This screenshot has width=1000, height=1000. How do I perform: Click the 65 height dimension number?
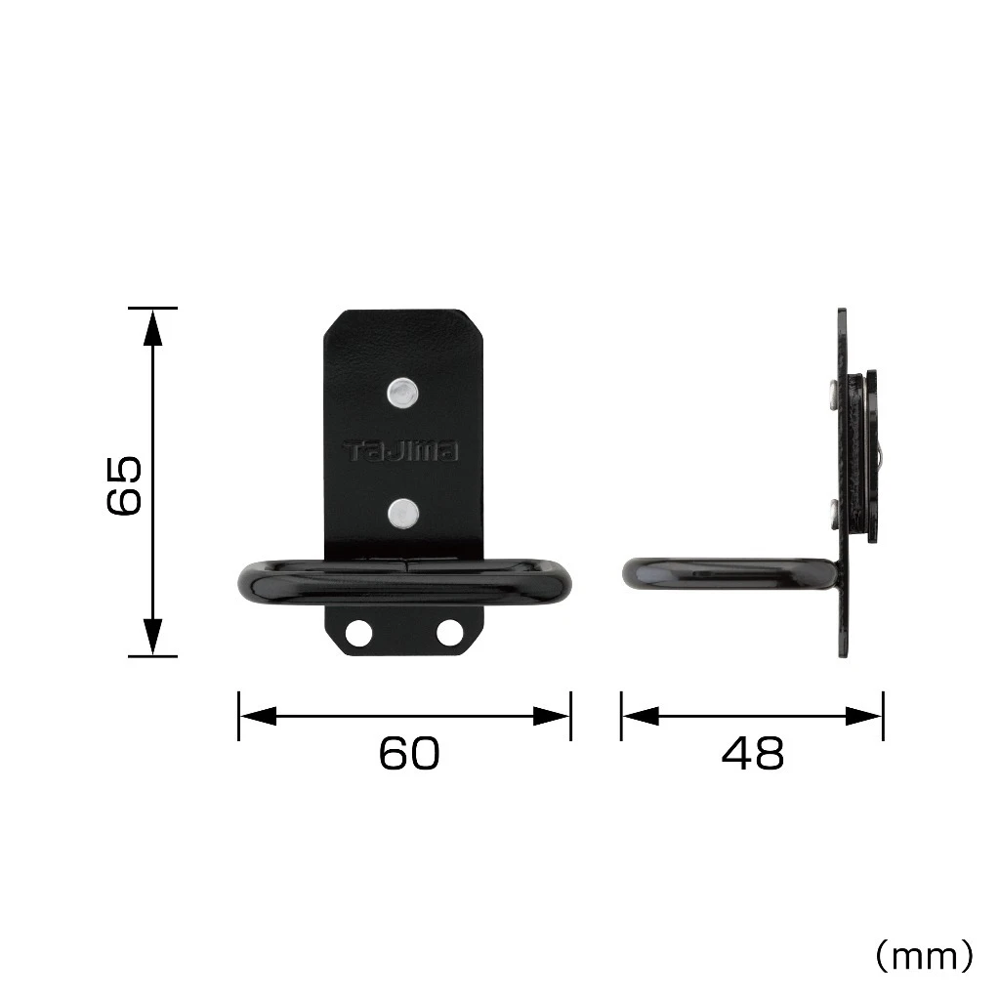(124, 484)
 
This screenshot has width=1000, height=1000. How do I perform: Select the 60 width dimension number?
(409, 753)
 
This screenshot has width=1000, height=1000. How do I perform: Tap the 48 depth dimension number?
(753, 753)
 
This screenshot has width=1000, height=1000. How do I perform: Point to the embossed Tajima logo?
(401, 451)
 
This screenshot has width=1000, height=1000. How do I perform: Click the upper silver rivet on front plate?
(403, 393)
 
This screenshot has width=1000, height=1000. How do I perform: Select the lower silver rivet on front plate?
(403, 514)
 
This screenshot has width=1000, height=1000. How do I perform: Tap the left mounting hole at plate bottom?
(358, 633)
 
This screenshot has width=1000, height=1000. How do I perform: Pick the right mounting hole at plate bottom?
(449, 633)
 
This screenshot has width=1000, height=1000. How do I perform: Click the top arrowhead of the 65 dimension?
(152, 327)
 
